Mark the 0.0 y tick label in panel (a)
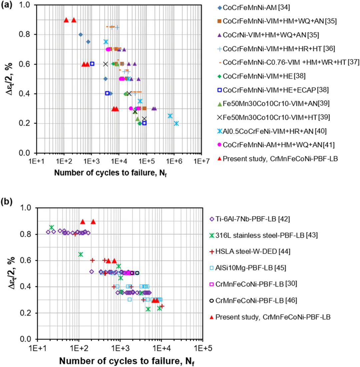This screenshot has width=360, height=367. point(28,153)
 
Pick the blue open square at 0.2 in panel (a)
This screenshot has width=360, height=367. point(144,123)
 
